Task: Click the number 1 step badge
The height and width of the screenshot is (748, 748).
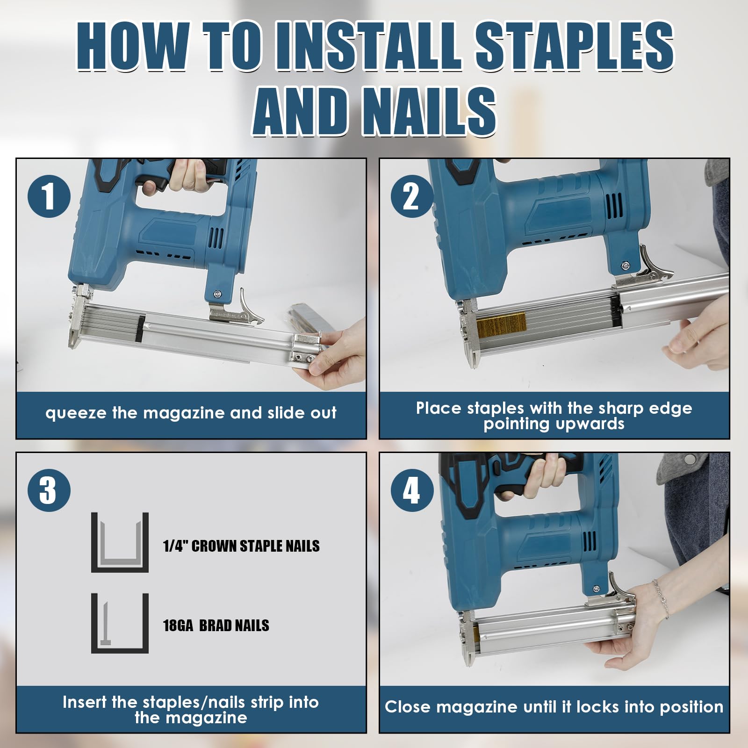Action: [49, 197]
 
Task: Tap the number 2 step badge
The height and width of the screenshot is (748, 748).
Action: [412, 197]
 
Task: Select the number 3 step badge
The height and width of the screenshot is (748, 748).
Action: [49, 490]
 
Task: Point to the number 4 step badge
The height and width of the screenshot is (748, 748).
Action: [412, 490]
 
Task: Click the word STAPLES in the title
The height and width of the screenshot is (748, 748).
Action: [574, 47]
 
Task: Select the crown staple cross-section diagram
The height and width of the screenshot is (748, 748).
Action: [120, 542]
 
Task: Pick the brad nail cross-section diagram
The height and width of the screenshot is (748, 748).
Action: [120, 623]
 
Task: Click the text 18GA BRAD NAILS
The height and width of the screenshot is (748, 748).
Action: [216, 626]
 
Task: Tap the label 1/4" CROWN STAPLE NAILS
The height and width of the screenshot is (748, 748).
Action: [241, 546]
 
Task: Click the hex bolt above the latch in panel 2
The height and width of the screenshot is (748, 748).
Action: [625, 266]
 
